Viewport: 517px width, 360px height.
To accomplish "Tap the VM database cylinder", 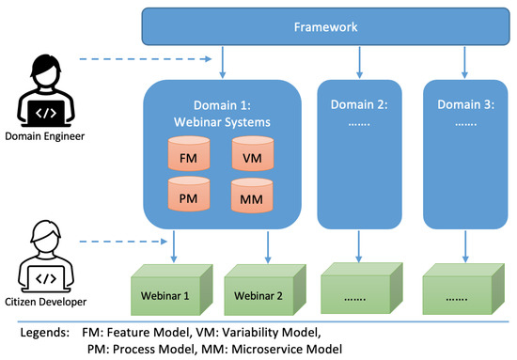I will tap(252, 156).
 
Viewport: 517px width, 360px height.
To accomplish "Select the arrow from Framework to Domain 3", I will tap(462, 62).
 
